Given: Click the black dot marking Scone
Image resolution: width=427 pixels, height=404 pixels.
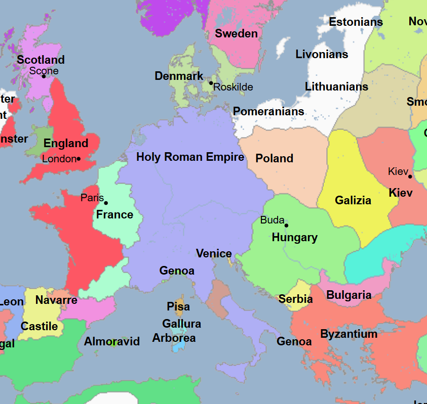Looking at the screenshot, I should [44, 76].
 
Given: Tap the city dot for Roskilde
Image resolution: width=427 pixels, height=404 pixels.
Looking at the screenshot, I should [211, 83].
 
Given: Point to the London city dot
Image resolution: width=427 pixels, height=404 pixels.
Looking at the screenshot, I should [79, 159].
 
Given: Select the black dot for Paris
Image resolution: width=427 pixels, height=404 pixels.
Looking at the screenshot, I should [106, 203].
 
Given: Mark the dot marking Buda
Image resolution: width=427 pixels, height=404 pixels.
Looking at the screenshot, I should [286, 226].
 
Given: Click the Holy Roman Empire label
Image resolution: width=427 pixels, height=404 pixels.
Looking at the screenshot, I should [190, 157].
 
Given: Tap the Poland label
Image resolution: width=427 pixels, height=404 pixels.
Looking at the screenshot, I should [274, 159].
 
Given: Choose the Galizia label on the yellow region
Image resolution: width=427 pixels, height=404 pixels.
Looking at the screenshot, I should [353, 201].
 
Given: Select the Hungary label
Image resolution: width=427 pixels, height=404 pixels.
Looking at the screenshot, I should [294, 238].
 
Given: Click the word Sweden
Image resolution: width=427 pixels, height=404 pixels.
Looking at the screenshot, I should [236, 34].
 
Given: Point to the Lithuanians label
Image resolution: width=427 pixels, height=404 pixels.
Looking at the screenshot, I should [336, 87].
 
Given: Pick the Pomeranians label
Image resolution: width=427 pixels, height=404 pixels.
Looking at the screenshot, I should [268, 112].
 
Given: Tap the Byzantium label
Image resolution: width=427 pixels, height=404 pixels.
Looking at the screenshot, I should [348, 334].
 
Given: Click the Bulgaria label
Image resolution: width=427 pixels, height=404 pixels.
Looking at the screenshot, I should [348, 295].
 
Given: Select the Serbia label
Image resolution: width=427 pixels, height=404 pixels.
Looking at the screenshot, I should [295, 299].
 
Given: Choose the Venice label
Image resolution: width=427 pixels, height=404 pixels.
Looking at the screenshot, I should [214, 254].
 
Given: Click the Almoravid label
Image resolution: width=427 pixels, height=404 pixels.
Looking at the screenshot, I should [111, 342].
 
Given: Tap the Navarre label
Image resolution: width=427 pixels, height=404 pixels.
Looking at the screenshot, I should [56, 300].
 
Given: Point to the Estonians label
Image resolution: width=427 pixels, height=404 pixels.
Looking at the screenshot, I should [356, 22].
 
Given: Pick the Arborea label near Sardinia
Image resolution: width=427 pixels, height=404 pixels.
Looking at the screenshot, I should [174, 338].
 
